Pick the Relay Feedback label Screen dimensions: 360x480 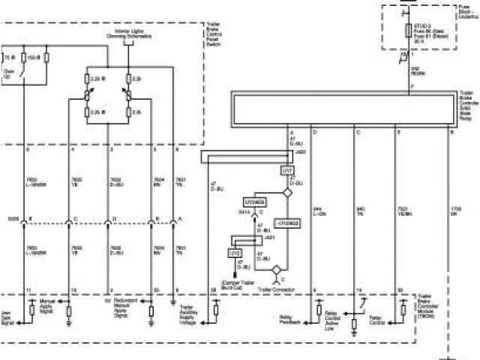pyautogui.click(x=290, y=319)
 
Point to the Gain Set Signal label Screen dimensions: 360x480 pyautogui.click(x=7, y=318)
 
